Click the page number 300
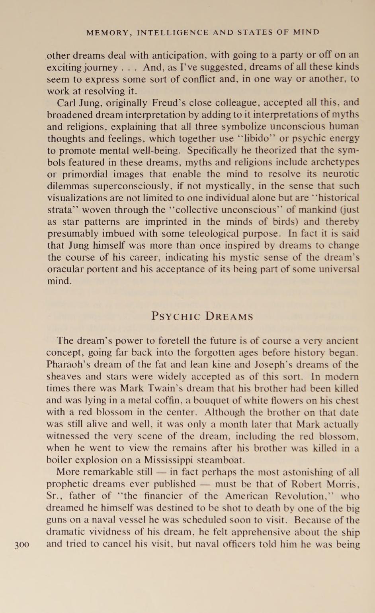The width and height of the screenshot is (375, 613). click(x=22, y=545)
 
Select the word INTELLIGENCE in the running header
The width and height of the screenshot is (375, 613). click(x=173, y=33)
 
